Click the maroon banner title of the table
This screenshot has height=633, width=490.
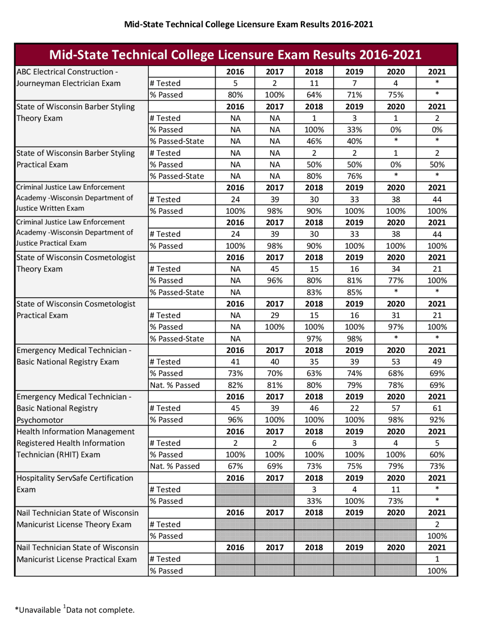pos(235,55)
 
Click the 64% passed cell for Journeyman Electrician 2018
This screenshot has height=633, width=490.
pos(314,95)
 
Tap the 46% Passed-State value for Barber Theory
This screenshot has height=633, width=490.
pos(314,141)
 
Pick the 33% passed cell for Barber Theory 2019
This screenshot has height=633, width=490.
pos(354,130)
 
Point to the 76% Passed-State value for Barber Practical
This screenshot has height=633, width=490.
pos(354,176)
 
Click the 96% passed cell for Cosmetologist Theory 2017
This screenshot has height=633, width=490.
pos(274,281)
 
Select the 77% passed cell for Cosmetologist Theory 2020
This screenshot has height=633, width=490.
pos(395,281)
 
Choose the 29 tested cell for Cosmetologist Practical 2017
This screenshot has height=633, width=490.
pos(274,315)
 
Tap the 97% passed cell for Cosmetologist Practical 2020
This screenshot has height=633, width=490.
pos(395,327)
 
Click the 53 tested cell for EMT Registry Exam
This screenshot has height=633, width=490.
pos(395,362)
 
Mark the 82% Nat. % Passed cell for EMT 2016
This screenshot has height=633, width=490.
pos(235,385)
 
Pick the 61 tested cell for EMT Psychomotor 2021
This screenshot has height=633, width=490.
pos(437,408)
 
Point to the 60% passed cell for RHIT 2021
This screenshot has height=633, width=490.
pos(437,454)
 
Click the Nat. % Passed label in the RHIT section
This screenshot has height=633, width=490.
pos(175,466)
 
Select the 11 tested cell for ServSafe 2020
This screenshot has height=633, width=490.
pos(395,489)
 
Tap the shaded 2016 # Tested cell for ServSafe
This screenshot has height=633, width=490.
pos(235,489)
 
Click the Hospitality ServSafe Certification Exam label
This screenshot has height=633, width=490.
pos(75,484)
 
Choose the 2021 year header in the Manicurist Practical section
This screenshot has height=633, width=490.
pos(437,547)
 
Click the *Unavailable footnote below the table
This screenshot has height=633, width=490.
pos(38,610)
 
